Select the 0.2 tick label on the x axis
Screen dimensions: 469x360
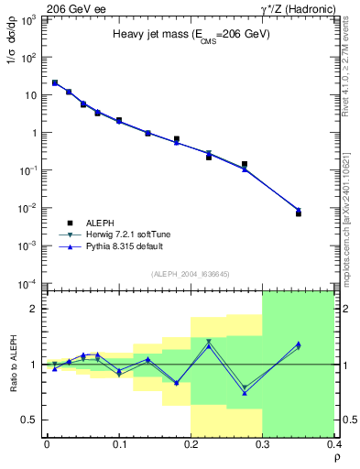(x=191, y=444)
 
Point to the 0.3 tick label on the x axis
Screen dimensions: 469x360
(x=262, y=444)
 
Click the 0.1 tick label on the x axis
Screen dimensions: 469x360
(x=118, y=444)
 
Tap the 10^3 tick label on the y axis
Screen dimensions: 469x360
(x=28, y=19)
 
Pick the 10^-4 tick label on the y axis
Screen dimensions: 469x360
(x=28, y=283)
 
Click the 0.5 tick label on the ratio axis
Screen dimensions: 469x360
(x=31, y=420)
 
